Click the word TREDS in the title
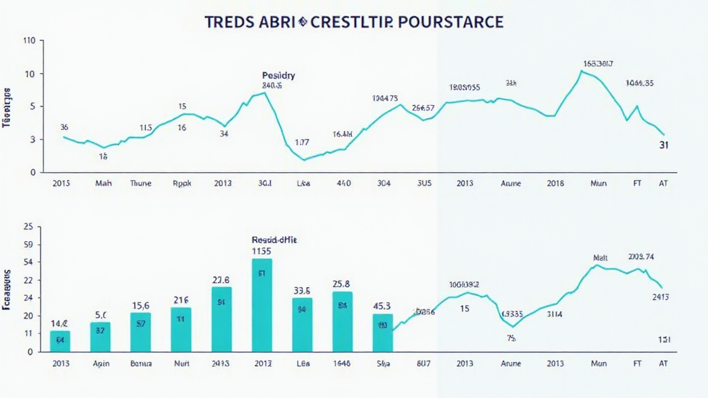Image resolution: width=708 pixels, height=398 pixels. [x=230, y=21]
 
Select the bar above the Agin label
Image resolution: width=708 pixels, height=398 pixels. [x=100, y=337]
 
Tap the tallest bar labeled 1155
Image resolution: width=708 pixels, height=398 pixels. [x=262, y=305]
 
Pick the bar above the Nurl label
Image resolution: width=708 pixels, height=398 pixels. [x=181, y=329]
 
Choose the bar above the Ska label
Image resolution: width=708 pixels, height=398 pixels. [x=382, y=332]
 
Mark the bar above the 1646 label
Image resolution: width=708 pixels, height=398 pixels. [x=342, y=321]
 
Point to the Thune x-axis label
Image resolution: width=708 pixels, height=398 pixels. [x=140, y=184]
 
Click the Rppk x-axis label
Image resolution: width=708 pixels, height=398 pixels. [x=181, y=184]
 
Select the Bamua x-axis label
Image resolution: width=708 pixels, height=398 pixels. [x=140, y=363]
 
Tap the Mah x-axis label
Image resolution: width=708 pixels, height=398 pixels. [x=103, y=184]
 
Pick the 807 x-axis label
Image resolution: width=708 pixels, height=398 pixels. [x=424, y=363]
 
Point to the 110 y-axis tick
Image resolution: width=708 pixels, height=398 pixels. [x=29, y=41]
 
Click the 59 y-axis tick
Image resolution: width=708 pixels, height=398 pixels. [x=29, y=244]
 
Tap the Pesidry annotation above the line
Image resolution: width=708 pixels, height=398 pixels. [x=279, y=75]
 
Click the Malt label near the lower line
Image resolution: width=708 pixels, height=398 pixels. [x=600, y=258]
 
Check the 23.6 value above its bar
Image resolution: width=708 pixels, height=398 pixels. [x=221, y=280]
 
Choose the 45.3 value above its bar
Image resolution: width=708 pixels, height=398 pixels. [x=382, y=306]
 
